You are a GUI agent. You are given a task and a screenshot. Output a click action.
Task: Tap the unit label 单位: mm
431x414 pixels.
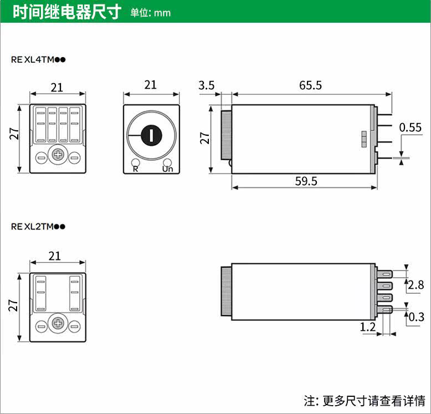[151, 13]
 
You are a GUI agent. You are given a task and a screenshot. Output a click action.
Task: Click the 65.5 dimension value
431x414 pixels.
[310, 85]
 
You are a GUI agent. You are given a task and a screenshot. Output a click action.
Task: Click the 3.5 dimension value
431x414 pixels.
[206, 85]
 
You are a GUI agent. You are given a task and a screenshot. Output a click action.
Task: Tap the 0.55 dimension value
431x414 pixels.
[411, 127]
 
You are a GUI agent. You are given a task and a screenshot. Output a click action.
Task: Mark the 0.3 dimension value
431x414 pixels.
[416, 316]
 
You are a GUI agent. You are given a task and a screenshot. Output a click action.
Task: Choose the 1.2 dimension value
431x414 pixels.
[368, 328]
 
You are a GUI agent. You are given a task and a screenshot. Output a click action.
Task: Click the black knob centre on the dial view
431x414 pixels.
[151, 134]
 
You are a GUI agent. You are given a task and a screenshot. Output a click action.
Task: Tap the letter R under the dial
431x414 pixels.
[135, 168]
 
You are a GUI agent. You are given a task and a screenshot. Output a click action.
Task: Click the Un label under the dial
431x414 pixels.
[167, 168]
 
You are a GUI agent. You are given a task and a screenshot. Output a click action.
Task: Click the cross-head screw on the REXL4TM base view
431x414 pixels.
[58, 155]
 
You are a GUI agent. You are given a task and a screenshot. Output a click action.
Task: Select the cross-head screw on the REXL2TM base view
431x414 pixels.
[58, 323]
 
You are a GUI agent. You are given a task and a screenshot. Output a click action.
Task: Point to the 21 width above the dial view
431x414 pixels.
[150, 85]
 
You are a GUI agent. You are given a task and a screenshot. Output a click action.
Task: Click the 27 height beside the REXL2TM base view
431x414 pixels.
[14, 305]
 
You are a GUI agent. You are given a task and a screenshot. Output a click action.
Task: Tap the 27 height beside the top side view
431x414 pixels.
[204, 137]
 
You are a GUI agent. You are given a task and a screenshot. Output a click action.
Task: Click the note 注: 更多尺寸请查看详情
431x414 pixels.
[364, 400]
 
